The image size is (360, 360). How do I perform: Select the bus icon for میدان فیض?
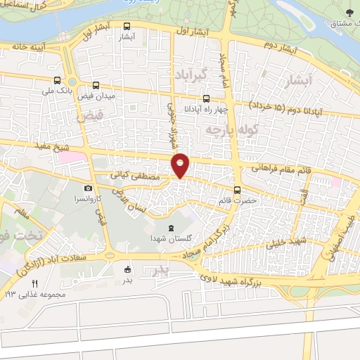click(x=96, y=84)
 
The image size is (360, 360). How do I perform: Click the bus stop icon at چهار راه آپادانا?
click(x=206, y=99)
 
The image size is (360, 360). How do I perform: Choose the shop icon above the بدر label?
click(x=127, y=269)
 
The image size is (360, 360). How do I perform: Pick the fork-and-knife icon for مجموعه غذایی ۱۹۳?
click(x=34, y=283)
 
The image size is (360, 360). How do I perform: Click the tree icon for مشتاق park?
click(x=352, y=12)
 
